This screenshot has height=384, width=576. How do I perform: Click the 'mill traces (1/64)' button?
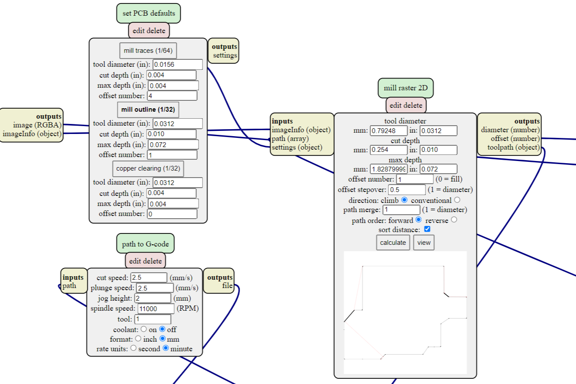(148, 51)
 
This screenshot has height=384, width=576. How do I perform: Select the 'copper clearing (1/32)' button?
(148, 168)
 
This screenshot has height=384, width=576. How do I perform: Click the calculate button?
(393, 243)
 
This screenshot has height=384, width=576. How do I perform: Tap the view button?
(424, 243)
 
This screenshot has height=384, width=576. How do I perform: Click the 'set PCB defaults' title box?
(148, 13)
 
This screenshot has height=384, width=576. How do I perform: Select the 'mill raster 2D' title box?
(405, 88)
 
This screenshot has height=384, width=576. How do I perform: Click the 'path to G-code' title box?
(145, 244)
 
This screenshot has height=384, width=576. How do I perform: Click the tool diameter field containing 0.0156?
(178, 65)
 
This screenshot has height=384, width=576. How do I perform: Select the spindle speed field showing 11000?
(156, 309)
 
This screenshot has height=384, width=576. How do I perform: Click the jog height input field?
(152, 298)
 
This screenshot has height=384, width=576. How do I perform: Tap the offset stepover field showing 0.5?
(406, 190)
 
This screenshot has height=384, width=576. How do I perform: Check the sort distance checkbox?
(427, 229)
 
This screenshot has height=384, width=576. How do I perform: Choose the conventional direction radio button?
(457, 200)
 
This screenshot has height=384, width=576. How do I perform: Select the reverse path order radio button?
(454, 220)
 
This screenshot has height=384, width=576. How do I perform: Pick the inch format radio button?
(138, 339)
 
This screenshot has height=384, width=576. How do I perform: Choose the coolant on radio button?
(144, 329)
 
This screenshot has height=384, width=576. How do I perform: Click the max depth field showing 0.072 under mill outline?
(173, 144)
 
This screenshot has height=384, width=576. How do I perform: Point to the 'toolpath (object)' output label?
(514, 147)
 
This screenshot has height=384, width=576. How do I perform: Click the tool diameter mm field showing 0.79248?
(388, 130)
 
